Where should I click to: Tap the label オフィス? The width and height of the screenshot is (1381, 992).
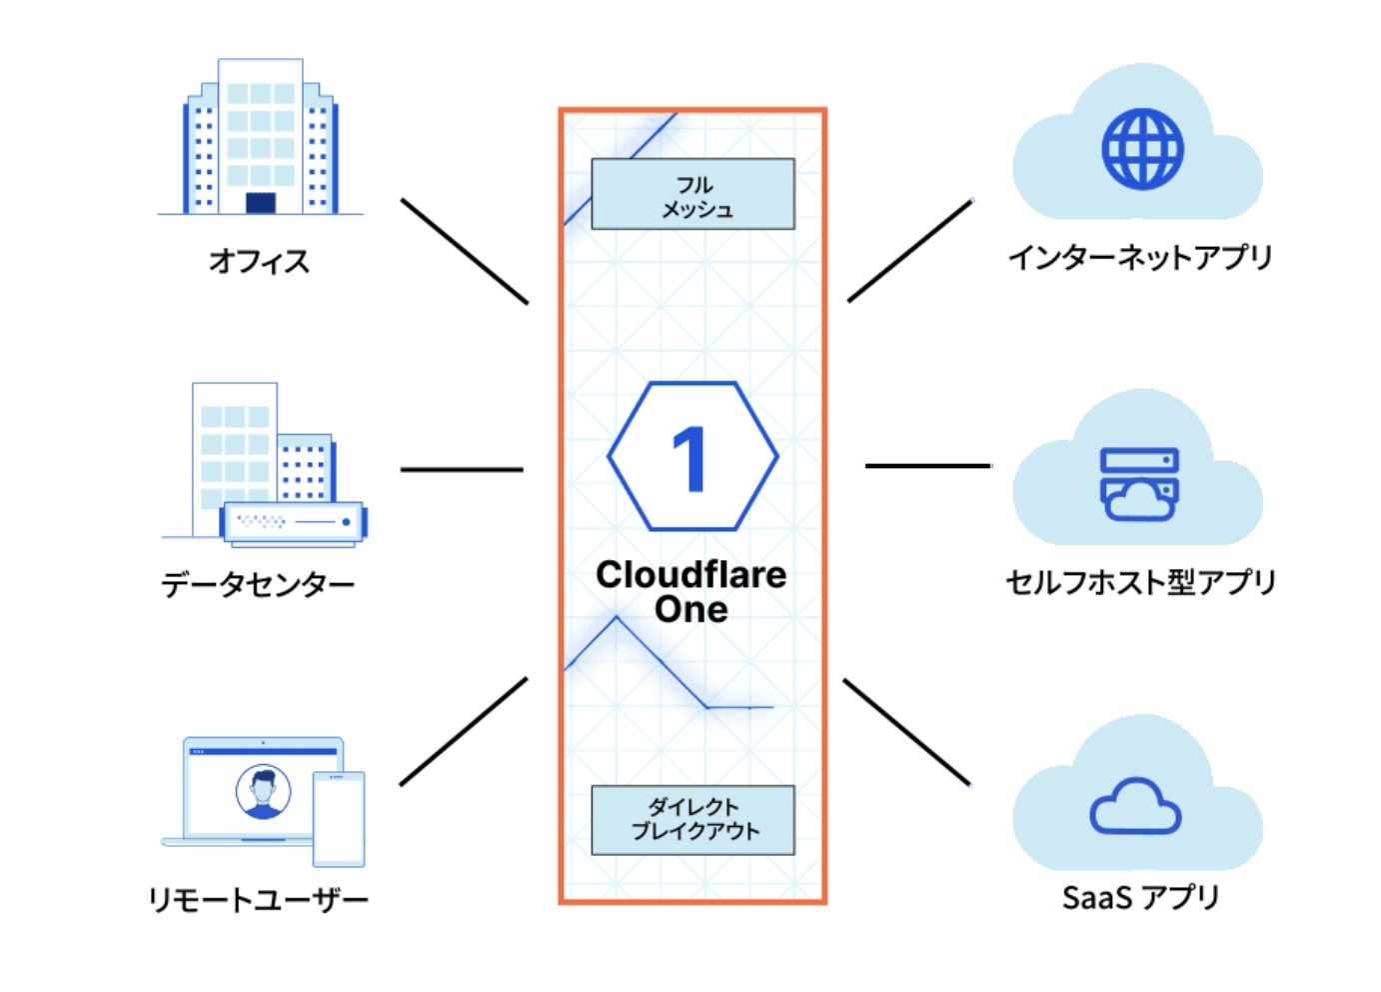click(259, 261)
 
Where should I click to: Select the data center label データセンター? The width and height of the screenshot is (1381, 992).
click(258, 584)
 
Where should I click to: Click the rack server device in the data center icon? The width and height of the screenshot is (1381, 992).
click(293, 522)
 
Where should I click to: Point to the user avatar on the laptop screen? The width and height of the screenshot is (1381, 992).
click(263, 791)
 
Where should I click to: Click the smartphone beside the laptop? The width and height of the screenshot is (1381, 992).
click(339, 818)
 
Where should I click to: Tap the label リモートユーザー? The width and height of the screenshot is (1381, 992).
click(258, 899)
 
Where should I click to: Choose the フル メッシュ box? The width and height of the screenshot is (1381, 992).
click(692, 194)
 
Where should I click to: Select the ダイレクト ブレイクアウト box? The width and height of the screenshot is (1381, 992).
click(692, 820)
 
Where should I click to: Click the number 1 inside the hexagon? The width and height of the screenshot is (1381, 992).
click(690, 458)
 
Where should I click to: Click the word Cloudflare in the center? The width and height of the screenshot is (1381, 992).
click(690, 575)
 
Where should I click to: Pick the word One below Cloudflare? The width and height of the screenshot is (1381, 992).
click(690, 609)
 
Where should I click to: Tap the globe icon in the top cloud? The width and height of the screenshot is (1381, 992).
click(1142, 149)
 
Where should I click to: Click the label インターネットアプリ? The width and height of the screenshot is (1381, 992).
click(1139, 257)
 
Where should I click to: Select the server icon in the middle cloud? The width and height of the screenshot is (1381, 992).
click(1139, 484)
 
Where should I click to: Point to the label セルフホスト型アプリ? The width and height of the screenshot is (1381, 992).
click(1140, 582)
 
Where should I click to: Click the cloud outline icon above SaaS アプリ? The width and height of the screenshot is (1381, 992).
click(1135, 807)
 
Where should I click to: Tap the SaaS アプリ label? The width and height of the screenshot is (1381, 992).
click(1140, 897)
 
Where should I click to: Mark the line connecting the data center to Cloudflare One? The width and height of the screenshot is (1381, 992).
click(462, 469)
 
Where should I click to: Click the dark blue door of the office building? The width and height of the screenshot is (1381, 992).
click(260, 203)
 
